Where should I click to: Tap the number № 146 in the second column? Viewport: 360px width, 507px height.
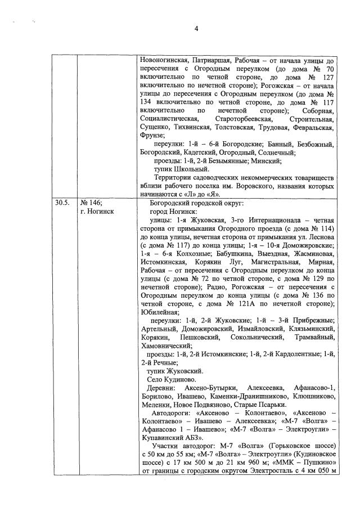click(91, 201)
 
